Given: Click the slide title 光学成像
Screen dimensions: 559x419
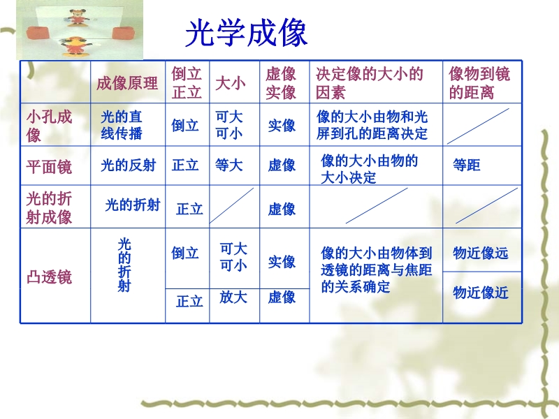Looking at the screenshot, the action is pyautogui.click(x=246, y=33).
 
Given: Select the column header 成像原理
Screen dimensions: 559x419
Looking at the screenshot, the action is pyautogui.click(x=127, y=83).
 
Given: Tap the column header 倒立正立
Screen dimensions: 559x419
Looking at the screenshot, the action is pyautogui.click(x=187, y=83).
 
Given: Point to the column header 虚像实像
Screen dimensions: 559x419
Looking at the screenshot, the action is pyautogui.click(x=281, y=83).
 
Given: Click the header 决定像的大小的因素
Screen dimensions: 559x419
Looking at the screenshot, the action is pyautogui.click(x=370, y=83).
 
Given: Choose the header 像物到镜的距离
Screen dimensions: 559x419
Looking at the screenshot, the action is pyautogui.click(x=479, y=83).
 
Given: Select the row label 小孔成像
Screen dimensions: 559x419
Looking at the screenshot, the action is pyautogui.click(x=49, y=126).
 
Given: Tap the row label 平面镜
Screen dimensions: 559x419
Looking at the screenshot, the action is pyautogui.click(x=49, y=166).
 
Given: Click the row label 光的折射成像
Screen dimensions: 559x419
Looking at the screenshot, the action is pyautogui.click(x=49, y=207).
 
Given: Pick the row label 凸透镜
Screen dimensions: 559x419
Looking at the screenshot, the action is pyautogui.click(x=49, y=277).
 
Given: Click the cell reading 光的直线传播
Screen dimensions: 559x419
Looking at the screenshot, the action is pyautogui.click(x=121, y=125).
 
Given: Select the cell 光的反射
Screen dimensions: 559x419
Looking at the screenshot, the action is pyautogui.click(x=129, y=166).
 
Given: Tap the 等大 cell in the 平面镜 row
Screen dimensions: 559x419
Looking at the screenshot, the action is pyautogui.click(x=229, y=166).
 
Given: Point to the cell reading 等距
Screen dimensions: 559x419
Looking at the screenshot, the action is pyautogui.click(x=466, y=165).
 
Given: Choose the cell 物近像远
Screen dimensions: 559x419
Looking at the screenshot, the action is pyautogui.click(x=480, y=253).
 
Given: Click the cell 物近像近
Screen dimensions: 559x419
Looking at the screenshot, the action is pyautogui.click(x=480, y=293).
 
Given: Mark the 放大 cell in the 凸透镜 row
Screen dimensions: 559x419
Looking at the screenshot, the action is pyautogui.click(x=233, y=297).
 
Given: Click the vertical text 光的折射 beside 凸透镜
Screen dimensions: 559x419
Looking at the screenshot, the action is pyautogui.click(x=124, y=265).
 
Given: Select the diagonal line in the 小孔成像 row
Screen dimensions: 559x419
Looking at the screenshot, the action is pyautogui.click(x=478, y=126).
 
